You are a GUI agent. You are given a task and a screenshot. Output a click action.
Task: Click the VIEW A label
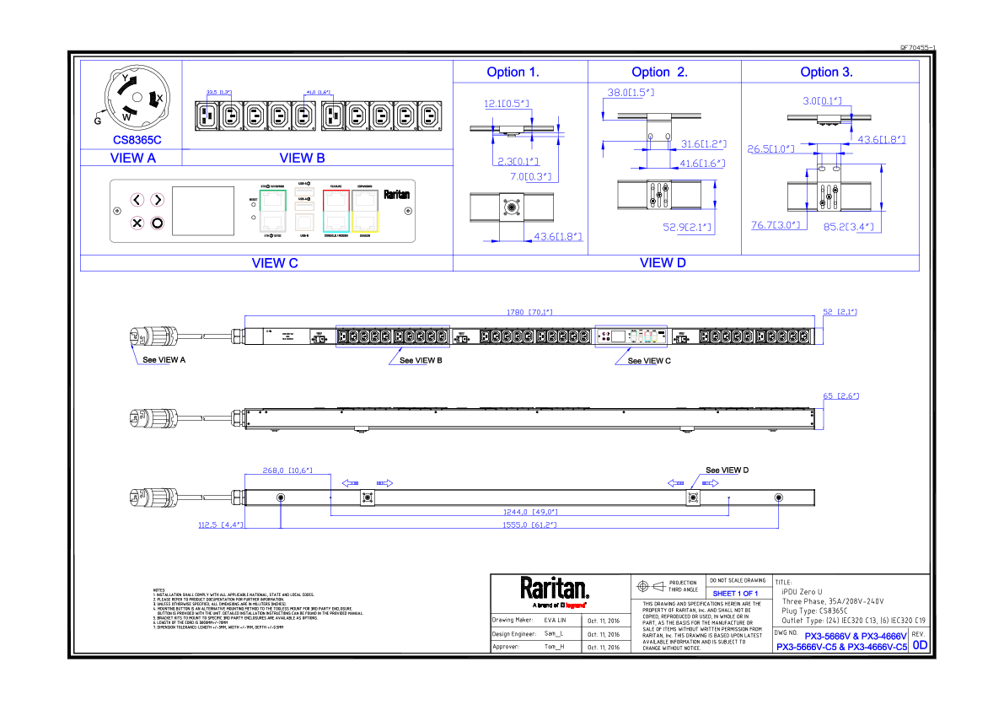(133, 159)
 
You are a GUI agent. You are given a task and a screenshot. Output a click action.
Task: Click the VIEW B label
(302, 159)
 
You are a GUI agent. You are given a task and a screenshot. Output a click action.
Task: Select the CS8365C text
(137, 140)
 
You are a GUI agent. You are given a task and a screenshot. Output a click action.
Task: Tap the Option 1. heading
(513, 73)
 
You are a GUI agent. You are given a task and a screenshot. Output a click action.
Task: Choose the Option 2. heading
(659, 73)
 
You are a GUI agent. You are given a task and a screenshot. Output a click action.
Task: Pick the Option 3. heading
(826, 73)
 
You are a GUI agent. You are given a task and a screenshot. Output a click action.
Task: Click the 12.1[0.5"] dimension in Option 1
(506, 104)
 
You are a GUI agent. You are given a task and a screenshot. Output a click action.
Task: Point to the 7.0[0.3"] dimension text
(531, 177)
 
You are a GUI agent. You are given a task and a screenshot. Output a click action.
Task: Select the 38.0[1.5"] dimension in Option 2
(631, 92)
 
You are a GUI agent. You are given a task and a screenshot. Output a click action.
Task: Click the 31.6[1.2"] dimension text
(703, 144)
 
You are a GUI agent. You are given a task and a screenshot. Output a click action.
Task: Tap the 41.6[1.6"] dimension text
(701, 164)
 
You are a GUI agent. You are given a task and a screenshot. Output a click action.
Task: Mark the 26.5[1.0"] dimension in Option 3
(770, 149)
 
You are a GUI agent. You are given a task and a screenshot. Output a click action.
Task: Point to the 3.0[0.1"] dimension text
(821, 101)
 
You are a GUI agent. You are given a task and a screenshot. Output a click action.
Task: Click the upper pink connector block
(150, 202)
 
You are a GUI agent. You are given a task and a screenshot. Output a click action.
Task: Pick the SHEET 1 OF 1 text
(735, 594)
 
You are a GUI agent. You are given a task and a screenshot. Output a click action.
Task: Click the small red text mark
(575, 605)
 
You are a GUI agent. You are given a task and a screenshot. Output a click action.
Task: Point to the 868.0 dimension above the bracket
(287, 471)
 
